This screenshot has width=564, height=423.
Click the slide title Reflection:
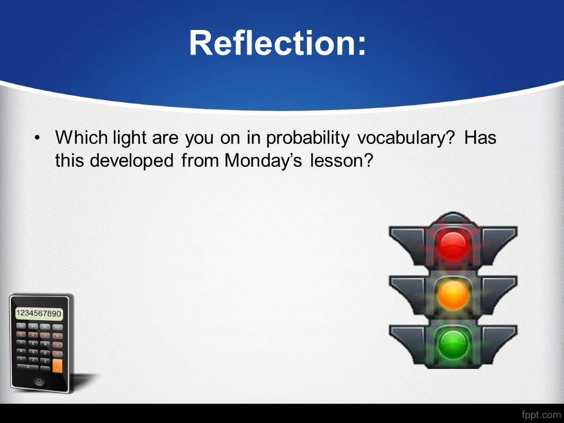coord(277,43)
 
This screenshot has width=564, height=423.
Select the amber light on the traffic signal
coord(453,296)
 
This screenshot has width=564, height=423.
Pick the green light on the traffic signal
coord(453,344)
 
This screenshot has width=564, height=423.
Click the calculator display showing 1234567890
coord(39,313)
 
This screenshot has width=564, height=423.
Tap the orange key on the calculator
coord(57,366)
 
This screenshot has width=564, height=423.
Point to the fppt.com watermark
coord(540,415)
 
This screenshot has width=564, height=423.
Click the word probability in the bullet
coord(307,138)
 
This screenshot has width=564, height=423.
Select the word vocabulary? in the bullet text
coord(406,138)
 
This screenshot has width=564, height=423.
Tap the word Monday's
coord(263,161)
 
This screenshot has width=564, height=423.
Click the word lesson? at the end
coord(342,160)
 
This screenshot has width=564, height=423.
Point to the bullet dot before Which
coord(37,138)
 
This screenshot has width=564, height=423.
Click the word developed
coord(132,161)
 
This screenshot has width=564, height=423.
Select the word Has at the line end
coord(480,137)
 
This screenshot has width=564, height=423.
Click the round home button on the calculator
coord(39,381)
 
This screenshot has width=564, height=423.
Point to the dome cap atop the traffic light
coord(453,217)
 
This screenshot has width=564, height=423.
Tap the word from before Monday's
coord(200,160)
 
